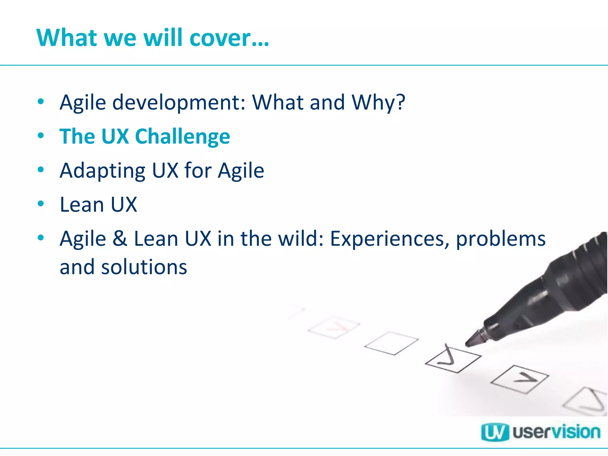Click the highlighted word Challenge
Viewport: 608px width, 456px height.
coord(182,137)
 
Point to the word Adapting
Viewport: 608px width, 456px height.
coord(102,171)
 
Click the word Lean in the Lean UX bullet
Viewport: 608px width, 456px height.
coord(82,205)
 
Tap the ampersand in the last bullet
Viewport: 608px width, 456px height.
coord(120,239)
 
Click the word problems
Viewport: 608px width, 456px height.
coord(501,239)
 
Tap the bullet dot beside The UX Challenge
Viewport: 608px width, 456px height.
coord(41,136)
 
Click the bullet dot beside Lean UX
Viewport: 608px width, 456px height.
coord(41,204)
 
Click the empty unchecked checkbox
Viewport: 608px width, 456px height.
coord(391,343)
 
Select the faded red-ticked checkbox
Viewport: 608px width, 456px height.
coord(334,327)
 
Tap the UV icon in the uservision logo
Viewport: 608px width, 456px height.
coord(495,432)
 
